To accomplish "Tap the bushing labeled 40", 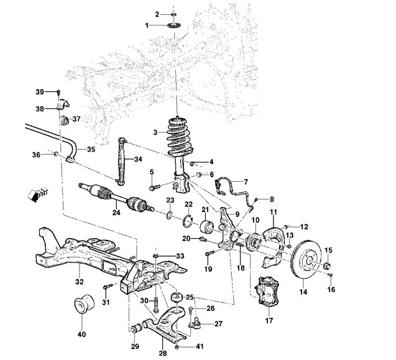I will click(x=83, y=306).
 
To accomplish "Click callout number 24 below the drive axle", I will click(x=116, y=213).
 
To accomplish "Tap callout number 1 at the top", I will click(x=147, y=25).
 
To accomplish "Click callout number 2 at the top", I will click(x=157, y=13).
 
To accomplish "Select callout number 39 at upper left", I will click(x=39, y=92).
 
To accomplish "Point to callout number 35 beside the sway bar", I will click(x=91, y=149).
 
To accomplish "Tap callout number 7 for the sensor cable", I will click(x=246, y=182).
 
